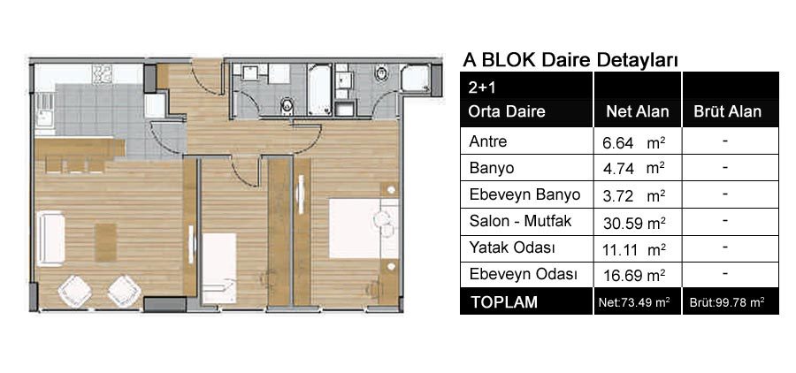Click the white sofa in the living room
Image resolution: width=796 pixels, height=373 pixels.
pos(50,239)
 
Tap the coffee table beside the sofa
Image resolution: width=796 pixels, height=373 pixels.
pos(105,242)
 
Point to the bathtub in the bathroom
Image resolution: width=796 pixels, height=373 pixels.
pos(320,89)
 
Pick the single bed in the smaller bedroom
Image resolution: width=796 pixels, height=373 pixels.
pos(219,268)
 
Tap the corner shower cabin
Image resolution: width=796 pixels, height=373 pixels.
pos(416,78)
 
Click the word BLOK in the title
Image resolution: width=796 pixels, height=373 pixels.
pos(509,60)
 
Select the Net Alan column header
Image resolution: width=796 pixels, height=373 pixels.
pos(637,111)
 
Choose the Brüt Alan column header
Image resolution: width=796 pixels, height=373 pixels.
pos(728,111)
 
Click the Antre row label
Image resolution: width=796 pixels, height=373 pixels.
pos(487,141)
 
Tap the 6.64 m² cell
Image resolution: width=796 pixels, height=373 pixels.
pos(633,143)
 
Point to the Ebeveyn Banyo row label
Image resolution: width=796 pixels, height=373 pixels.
pos(524,194)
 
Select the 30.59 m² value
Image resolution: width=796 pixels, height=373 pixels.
pos(634,223)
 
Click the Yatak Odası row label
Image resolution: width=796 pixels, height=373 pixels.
pos(512,248)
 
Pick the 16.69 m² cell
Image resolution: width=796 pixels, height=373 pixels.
pos(634,276)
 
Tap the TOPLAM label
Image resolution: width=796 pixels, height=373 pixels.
pos(504,302)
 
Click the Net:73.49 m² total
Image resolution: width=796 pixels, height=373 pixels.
pos(634,303)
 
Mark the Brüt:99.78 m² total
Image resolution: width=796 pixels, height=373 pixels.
pos(727,303)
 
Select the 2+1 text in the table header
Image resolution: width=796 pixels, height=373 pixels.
pos(482,88)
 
